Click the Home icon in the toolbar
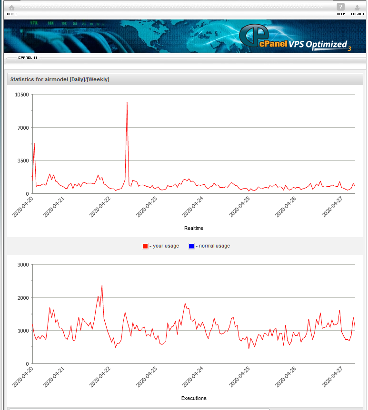[11, 8]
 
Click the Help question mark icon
[340, 7]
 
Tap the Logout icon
[358, 8]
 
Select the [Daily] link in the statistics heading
[77, 79]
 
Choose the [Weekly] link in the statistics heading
[98, 79]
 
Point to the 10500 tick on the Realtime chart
[22, 95]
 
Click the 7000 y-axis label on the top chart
[23, 128]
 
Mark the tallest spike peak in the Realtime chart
[127, 103]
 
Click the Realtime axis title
[193, 228]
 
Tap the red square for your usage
[145, 246]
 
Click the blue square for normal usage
[191, 246]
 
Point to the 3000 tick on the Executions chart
[23, 265]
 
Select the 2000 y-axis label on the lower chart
[23, 298]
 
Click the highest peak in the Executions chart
[102, 286]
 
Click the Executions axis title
[194, 398]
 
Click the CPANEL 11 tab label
[28, 57]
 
